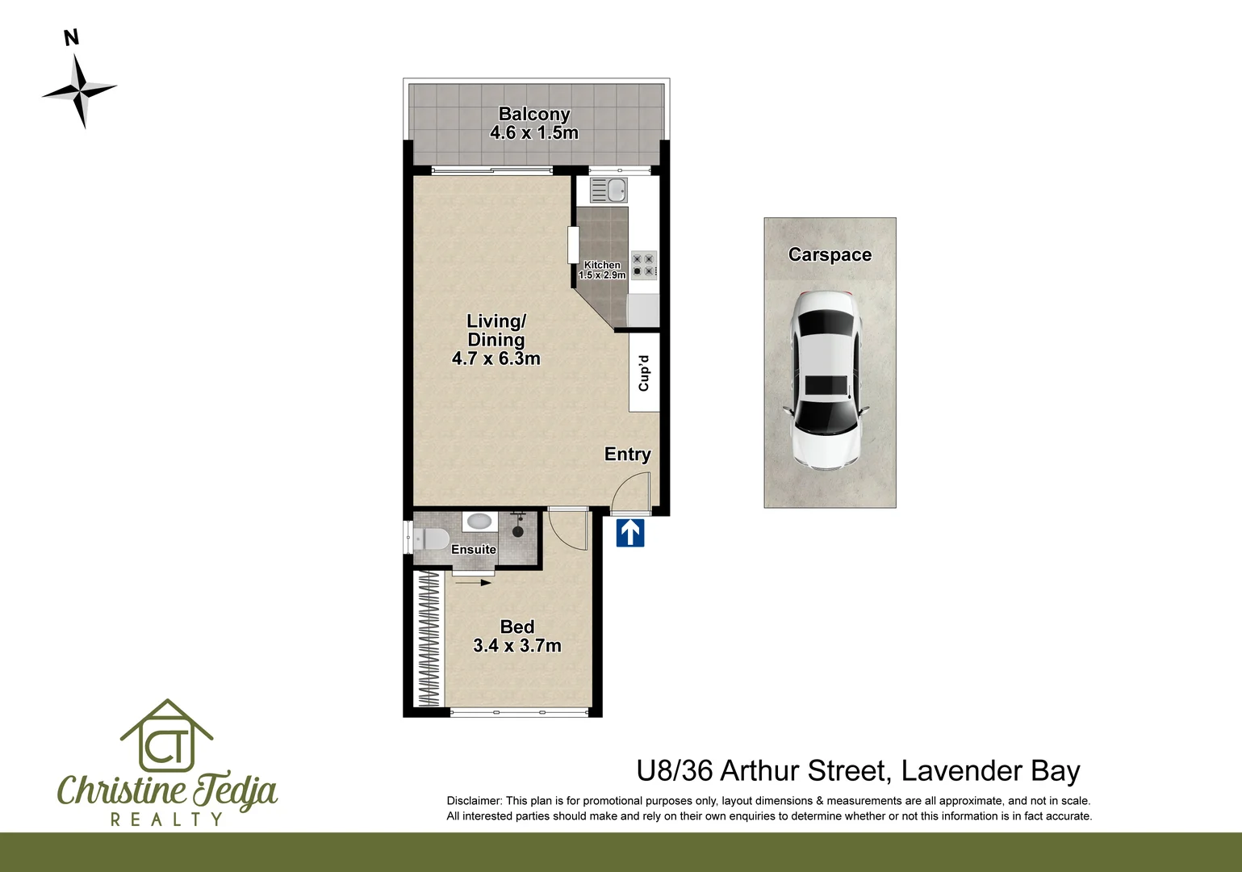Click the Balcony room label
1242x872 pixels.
[534, 115]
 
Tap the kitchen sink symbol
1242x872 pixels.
[608, 191]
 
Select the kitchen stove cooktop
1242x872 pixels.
[644, 266]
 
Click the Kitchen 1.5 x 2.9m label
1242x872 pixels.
[602, 270]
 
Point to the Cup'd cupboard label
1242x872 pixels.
[644, 373]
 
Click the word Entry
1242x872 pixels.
[627, 455]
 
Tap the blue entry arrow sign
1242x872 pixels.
[630, 533]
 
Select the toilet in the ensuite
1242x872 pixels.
[432, 538]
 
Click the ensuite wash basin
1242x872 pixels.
[479, 522]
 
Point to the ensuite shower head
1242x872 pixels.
[518, 529]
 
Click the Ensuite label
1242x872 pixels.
[474, 550]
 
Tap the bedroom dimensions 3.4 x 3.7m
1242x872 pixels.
[516, 646]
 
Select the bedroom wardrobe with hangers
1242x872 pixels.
[429, 639]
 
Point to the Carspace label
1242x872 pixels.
[830, 255]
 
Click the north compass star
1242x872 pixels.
[80, 90]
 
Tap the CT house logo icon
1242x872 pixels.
[166, 736]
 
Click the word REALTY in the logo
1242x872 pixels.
[166, 820]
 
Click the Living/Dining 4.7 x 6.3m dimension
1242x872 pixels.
[496, 359]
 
